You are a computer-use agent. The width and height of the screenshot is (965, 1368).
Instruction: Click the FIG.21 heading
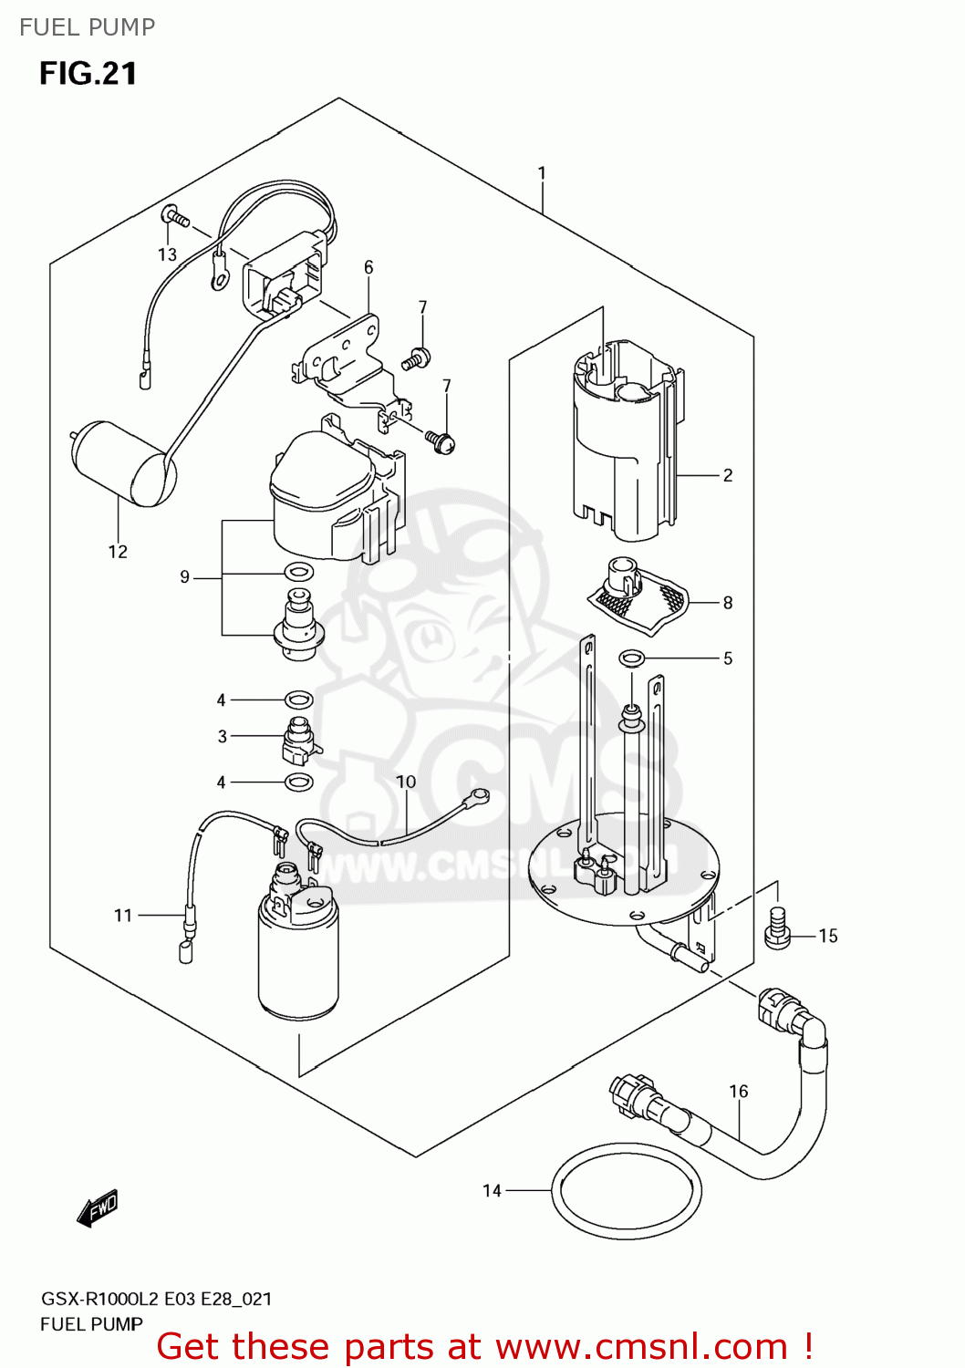click(88, 73)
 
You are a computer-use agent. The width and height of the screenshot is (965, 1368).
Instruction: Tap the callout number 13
click(167, 254)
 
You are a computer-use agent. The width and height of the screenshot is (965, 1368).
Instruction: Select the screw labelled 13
click(174, 217)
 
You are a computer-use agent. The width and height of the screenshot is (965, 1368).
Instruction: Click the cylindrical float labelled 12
click(121, 461)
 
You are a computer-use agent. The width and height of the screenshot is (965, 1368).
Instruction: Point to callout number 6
click(368, 267)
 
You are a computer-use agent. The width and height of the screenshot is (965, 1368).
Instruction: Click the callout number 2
click(727, 475)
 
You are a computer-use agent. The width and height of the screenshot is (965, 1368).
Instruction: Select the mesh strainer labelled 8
click(639, 597)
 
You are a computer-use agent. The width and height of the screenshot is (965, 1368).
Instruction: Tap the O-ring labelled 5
click(631, 658)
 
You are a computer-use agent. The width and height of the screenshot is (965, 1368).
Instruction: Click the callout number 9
click(185, 576)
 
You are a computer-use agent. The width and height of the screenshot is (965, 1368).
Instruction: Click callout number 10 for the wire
click(406, 782)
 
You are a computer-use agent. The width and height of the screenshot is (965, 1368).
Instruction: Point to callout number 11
click(123, 915)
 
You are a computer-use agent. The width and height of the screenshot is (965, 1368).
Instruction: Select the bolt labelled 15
click(777, 929)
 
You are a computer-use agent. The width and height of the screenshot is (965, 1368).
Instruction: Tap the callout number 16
click(738, 1091)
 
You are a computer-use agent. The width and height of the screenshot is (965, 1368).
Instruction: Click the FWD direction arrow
click(98, 1208)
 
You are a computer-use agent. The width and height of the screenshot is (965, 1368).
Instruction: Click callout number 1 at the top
click(542, 172)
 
